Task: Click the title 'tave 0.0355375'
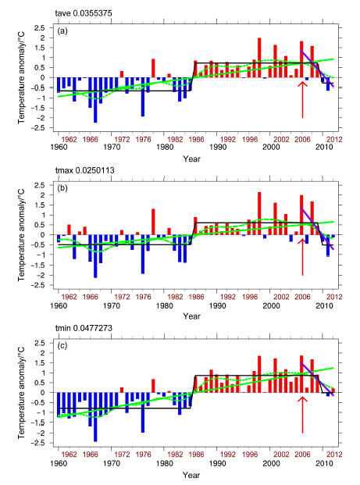pyautogui.click(x=84, y=13)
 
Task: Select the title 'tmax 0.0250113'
pyautogui.click(x=85, y=170)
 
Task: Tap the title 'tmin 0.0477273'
pyautogui.click(x=84, y=328)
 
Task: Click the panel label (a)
pyautogui.click(x=62, y=31)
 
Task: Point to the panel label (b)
pyautogui.click(x=62, y=188)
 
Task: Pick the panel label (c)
pyautogui.click(x=62, y=346)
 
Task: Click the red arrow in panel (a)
pyautogui.click(x=302, y=99)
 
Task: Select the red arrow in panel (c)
pyautogui.click(x=302, y=415)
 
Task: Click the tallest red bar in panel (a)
pyautogui.click(x=259, y=58)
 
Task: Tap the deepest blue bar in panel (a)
pyautogui.click(x=95, y=100)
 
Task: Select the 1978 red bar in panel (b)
pyautogui.click(x=153, y=222)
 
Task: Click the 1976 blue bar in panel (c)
pyautogui.click(x=143, y=412)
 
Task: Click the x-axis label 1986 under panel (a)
pyautogui.click(x=196, y=140)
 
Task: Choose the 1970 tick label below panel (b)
pyautogui.click(x=112, y=306)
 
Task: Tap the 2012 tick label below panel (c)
pyautogui.click(x=335, y=455)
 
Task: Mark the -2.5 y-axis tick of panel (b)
pyautogui.click(x=38, y=286)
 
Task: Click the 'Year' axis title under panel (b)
pyautogui.click(x=192, y=316)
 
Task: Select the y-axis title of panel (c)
pyautogui.click(x=21, y=393)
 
